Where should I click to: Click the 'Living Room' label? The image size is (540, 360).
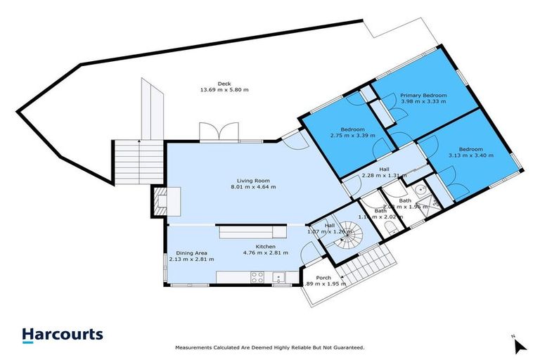click(255, 180)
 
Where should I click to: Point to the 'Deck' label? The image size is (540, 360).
click(224, 84)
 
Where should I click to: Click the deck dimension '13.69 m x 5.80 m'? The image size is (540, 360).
click(224, 90)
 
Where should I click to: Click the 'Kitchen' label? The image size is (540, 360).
click(264, 247)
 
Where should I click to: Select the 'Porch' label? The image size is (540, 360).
click(323, 277)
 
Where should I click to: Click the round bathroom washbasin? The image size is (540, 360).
click(419, 188)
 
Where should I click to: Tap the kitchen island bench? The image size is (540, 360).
click(252, 232)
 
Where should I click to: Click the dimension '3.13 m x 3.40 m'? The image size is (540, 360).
click(470, 156)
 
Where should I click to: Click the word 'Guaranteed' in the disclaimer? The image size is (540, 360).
click(347, 347)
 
